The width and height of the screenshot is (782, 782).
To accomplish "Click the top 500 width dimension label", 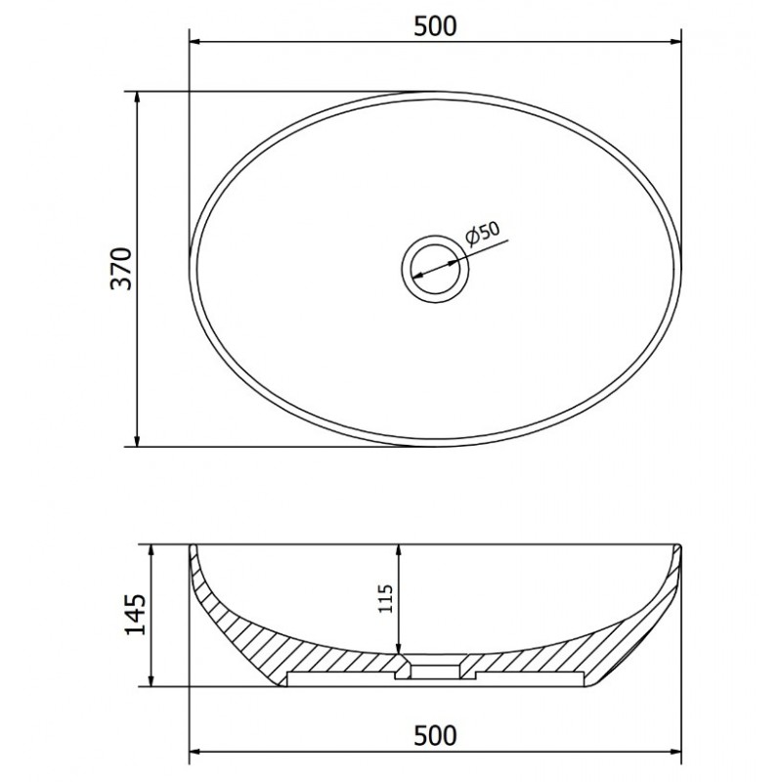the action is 435,26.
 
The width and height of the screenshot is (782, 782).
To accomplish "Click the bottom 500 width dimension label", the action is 435,735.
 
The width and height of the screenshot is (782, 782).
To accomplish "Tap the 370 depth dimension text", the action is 121,268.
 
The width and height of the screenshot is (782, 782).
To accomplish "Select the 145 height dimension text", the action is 135,614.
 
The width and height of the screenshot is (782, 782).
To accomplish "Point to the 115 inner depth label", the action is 386,598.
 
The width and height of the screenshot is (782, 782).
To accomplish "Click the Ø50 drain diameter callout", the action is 482,233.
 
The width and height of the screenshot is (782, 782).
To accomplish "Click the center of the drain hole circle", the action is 435,270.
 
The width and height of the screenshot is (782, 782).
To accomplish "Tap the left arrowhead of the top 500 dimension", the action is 196,42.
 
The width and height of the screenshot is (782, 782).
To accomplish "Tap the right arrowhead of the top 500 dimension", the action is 674,42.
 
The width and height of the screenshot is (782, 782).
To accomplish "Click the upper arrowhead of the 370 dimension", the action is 137,98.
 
